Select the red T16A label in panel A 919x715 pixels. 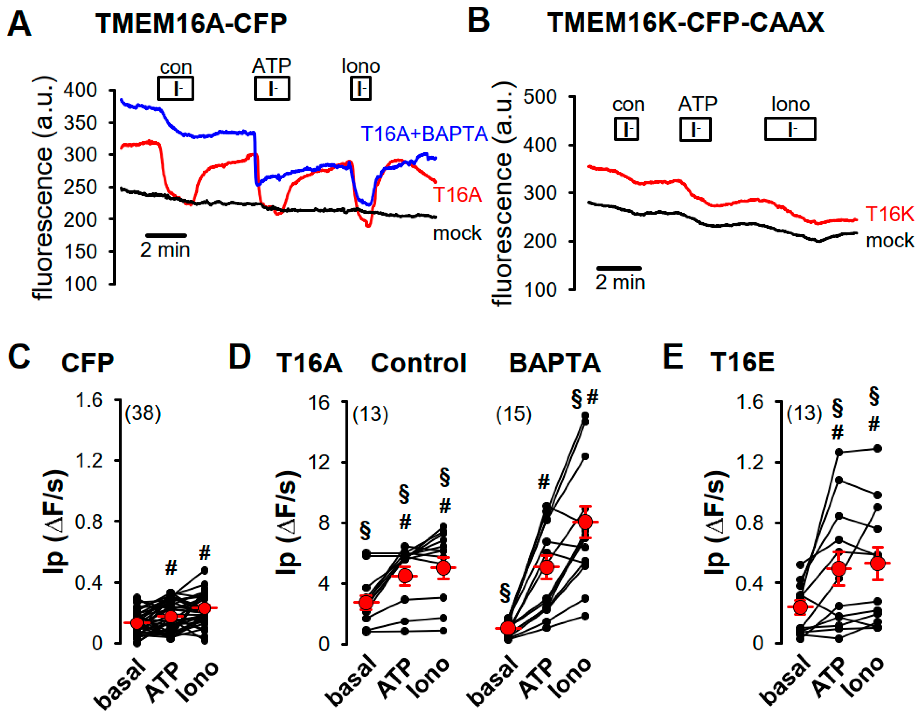pyautogui.click(x=457, y=194)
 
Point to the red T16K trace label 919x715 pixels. pyautogui.click(x=889, y=214)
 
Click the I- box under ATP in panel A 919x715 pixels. pyautogui.click(x=272, y=88)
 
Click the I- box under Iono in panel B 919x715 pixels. pyautogui.click(x=790, y=129)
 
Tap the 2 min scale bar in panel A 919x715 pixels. pyautogui.click(x=165, y=235)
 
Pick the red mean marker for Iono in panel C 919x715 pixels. pyautogui.click(x=205, y=608)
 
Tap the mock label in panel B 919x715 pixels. pyautogui.click(x=889, y=241)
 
